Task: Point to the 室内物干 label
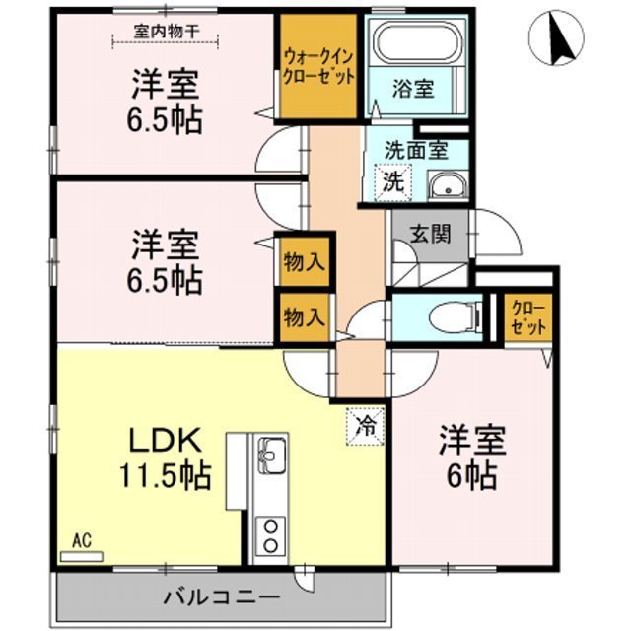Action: (167, 32)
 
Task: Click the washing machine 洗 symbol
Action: (392, 181)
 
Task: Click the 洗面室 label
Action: (415, 151)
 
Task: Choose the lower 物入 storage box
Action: (303, 316)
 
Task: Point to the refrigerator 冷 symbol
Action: (365, 427)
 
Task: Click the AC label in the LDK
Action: (81, 541)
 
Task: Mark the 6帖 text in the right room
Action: (471, 458)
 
